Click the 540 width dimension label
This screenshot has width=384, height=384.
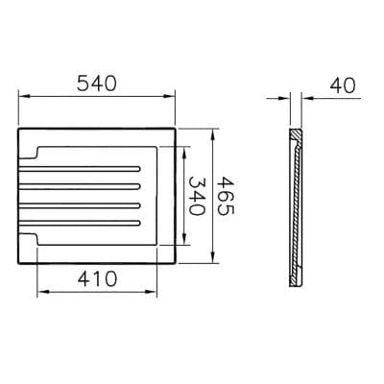(x=97, y=84)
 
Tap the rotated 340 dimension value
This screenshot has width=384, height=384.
(x=196, y=196)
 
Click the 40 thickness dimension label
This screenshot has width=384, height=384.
(x=341, y=84)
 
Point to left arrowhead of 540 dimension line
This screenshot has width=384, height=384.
(x=21, y=96)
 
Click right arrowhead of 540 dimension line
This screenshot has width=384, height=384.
(x=172, y=96)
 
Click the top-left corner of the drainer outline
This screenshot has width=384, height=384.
(x=18, y=129)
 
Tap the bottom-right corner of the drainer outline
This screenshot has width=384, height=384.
(x=175, y=262)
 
